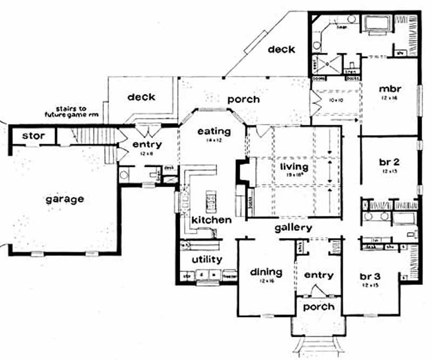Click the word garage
click(x=65, y=199)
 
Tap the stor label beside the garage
click(x=33, y=136)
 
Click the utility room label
click(x=207, y=260)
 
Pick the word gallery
click(x=293, y=228)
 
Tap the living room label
click(x=294, y=166)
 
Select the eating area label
click(x=214, y=131)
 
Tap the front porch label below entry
click(x=318, y=307)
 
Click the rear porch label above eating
click(x=243, y=99)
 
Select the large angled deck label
click(x=281, y=49)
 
